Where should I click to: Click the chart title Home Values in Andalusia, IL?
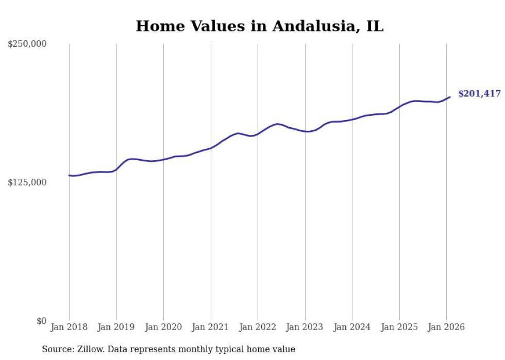(260, 26)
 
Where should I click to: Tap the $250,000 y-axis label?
(27, 44)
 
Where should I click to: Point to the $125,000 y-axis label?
(27, 182)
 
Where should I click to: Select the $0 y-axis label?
(41, 321)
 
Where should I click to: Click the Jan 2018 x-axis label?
(69, 327)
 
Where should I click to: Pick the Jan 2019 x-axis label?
(116, 327)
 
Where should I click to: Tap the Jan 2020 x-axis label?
(163, 327)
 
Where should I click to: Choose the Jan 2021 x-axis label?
(211, 327)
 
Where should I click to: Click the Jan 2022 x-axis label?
(258, 327)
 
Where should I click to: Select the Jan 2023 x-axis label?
(305, 327)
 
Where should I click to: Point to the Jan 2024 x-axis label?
(352, 327)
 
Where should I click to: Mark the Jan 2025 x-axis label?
(399, 327)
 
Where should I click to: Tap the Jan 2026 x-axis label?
(446, 327)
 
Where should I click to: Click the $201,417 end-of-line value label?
(479, 94)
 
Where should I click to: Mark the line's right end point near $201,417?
(450, 97)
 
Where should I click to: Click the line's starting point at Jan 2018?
(69, 176)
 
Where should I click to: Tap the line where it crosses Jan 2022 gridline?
(258, 133)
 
